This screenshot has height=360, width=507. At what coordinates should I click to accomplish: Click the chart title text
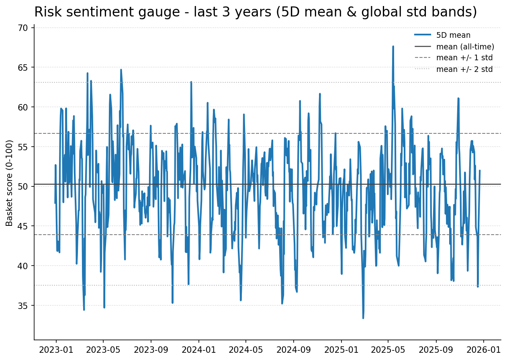tap(256, 12)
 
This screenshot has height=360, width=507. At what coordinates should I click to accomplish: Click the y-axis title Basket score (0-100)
tap(10, 183)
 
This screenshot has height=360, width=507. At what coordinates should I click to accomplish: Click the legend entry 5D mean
tap(453, 35)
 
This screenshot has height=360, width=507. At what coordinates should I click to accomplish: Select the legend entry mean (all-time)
tap(465, 47)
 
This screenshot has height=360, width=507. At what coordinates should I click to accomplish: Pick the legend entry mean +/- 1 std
tap(464, 58)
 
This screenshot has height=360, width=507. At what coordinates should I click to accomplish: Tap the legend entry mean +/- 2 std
tap(464, 69)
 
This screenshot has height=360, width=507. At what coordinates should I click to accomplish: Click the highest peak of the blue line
tap(393, 46)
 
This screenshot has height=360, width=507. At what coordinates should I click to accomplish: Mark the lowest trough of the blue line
tap(363, 318)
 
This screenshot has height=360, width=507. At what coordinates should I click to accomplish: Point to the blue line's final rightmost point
tap(480, 170)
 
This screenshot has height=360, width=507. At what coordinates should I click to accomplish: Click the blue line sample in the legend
tap(423, 35)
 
